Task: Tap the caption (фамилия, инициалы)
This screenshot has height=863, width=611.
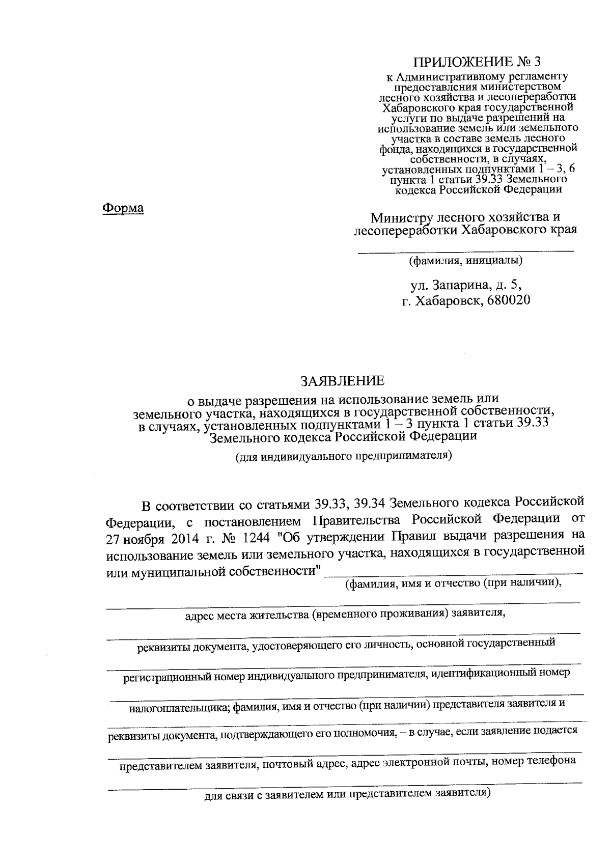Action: click(465, 261)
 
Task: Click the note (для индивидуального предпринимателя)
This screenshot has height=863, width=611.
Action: click(344, 456)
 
